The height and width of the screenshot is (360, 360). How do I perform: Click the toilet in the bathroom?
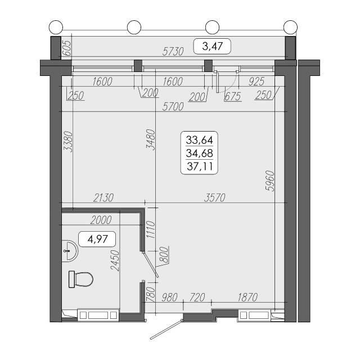pos(81,279)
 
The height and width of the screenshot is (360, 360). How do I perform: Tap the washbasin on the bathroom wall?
pos(70,250)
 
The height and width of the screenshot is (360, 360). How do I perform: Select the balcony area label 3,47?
pos(212,46)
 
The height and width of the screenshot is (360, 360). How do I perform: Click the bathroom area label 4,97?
pos(97,239)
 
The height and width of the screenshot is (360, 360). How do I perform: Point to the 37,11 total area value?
pos(200,166)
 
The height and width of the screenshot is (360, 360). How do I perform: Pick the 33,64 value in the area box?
pos(199,140)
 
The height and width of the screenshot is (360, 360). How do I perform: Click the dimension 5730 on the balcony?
pos(173,51)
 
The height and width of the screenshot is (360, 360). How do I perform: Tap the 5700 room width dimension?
pos(173,107)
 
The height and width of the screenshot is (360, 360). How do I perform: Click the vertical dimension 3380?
pos(68,141)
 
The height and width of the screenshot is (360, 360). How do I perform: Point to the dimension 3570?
pos(215,197)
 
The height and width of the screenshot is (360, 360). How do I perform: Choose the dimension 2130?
pos(103,197)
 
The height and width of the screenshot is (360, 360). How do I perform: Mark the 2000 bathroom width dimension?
pos(101,220)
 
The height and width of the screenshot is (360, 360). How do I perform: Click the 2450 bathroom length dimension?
pos(115,260)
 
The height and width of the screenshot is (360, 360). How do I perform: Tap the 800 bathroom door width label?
pos(164,254)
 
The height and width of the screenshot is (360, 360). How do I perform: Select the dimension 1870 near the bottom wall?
pos(247,298)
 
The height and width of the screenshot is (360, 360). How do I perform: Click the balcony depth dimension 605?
pos(67,48)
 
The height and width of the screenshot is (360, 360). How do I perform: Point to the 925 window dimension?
pos(256,81)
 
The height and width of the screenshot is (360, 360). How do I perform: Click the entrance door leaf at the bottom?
pos(166,329)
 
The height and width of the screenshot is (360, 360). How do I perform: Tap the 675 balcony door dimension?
pos(233,96)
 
